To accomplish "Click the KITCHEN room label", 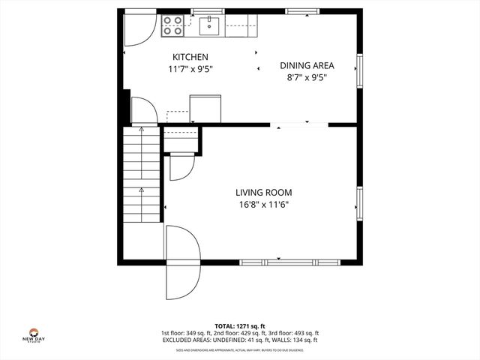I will (x=190, y=57).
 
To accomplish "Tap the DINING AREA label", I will (x=307, y=65).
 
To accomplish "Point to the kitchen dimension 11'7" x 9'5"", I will (x=190, y=69).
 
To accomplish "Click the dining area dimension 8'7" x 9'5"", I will (x=307, y=76).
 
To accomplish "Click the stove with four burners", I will (x=173, y=25).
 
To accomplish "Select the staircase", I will (x=141, y=174).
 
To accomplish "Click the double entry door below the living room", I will (x=182, y=263).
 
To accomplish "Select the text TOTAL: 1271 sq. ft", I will (x=240, y=325).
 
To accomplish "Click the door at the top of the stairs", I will (x=144, y=112).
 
